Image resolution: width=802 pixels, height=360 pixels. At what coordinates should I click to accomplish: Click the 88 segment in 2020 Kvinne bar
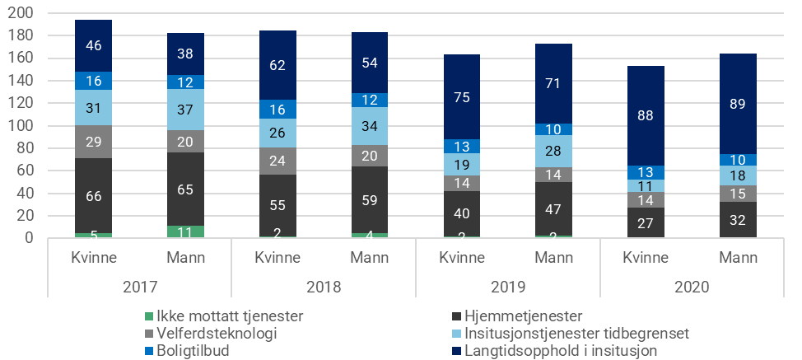646,115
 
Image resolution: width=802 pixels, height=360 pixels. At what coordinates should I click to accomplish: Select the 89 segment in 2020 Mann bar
738,104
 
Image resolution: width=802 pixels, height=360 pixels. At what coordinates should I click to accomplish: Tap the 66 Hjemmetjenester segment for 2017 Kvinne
93,195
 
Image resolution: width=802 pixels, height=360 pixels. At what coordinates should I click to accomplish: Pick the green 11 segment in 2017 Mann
185,231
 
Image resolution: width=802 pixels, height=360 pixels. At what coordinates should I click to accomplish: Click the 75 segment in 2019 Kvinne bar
461,96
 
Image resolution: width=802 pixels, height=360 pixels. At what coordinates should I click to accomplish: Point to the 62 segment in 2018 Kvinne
277,65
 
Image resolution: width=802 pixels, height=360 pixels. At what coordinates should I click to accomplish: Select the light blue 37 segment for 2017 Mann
185,110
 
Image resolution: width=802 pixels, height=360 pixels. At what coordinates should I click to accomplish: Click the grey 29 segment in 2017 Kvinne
93,142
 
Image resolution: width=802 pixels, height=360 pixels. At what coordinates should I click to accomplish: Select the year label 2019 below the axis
507,288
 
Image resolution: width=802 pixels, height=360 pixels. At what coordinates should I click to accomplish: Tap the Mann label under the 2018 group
370,257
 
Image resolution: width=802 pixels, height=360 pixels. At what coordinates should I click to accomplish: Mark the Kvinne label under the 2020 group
646,257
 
